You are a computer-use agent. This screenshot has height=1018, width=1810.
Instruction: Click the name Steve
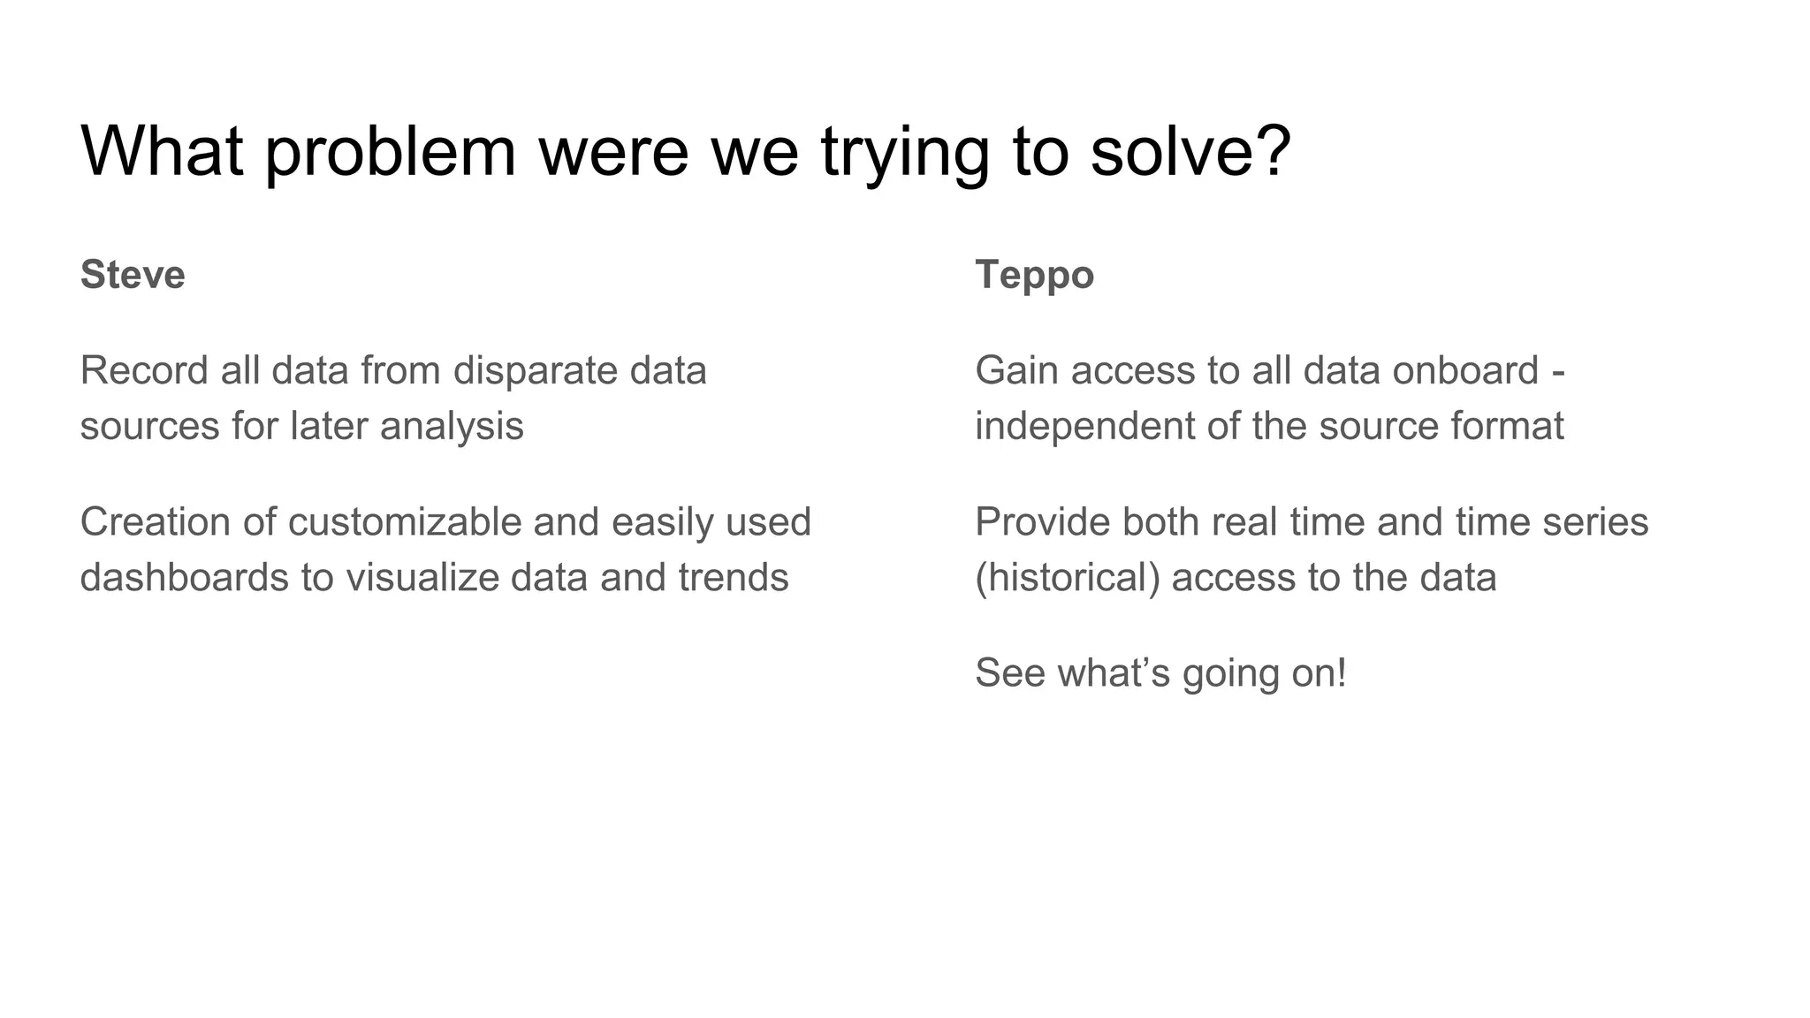click(133, 275)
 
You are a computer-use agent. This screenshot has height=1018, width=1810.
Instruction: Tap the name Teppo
click(1034, 275)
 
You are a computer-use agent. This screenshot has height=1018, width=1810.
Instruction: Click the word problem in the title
click(390, 152)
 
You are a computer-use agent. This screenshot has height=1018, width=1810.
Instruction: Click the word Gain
click(1016, 370)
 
